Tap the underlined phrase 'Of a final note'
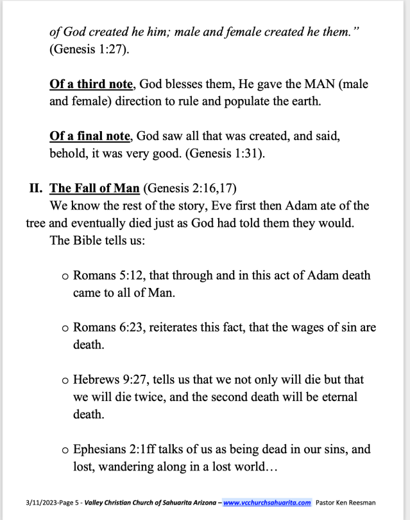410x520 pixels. tap(89, 136)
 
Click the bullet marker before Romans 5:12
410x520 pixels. tap(65, 276)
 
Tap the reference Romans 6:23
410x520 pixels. tap(107, 327)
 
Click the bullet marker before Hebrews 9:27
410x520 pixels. tap(65, 379)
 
